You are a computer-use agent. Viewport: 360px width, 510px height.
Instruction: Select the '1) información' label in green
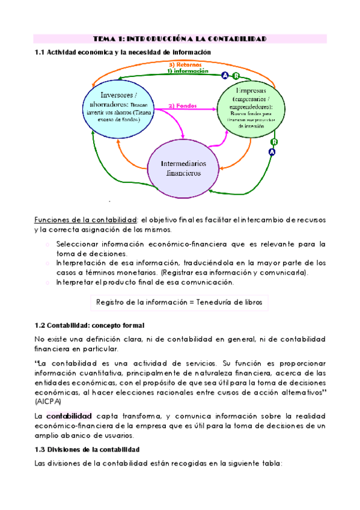coord(188,71)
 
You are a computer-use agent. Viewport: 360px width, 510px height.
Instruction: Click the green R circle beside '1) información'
coord(235,75)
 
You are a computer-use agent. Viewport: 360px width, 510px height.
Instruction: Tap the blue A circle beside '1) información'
coord(225,75)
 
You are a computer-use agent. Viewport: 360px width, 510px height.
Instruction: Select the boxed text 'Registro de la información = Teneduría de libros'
coord(179,302)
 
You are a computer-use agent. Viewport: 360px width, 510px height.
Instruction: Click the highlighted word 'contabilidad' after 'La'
coord(69,416)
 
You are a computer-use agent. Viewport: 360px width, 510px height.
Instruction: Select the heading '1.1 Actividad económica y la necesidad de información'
coord(123,52)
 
